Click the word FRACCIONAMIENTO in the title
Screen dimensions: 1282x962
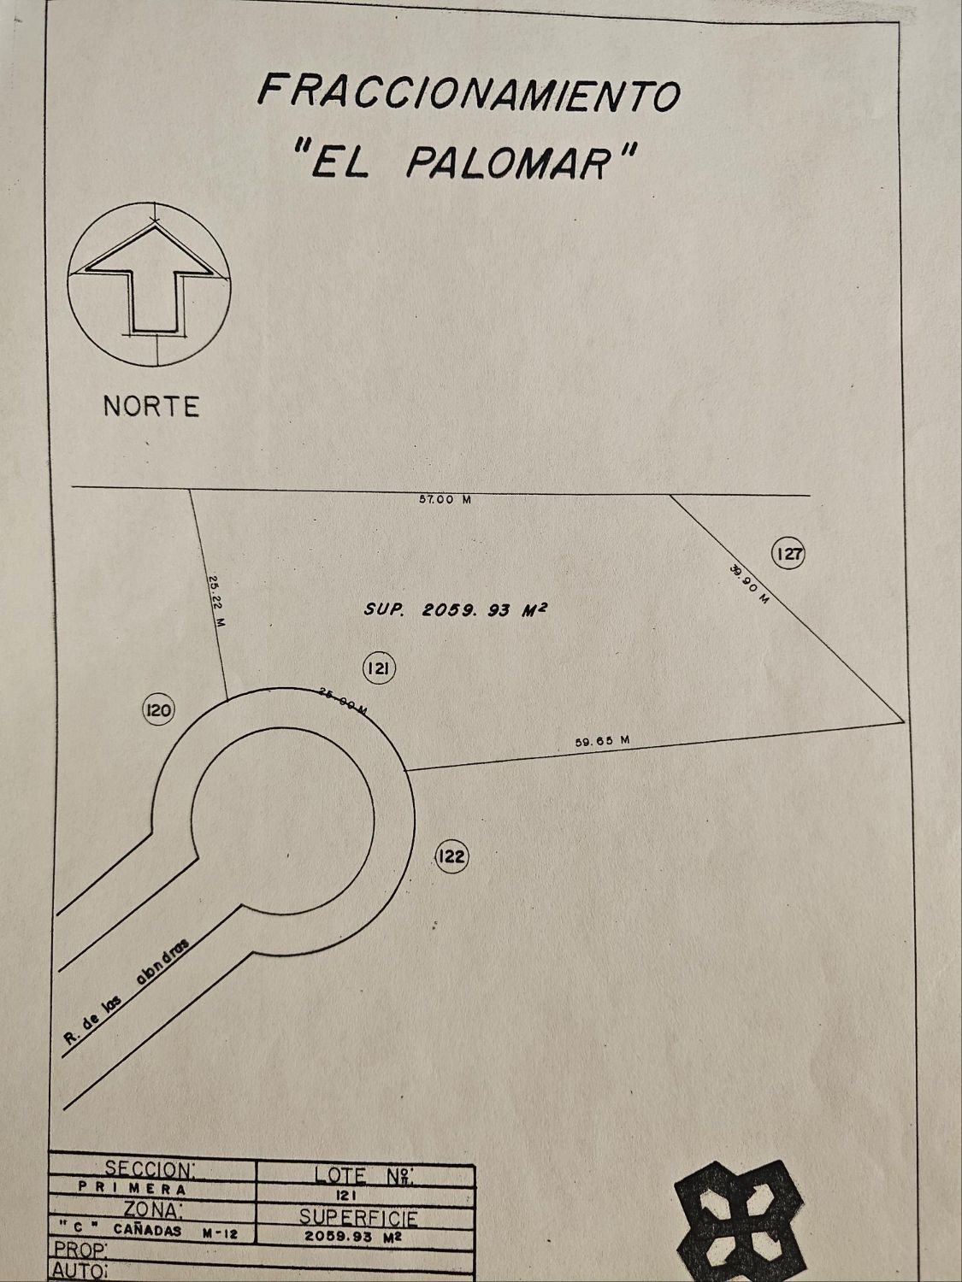point(469,91)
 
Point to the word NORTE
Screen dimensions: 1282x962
point(151,406)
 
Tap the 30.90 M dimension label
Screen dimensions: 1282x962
point(750,584)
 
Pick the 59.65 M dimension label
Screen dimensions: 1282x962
point(602,741)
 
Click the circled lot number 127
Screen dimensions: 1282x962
point(788,554)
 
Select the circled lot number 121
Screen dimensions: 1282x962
point(378,668)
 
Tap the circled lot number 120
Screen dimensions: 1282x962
point(159,709)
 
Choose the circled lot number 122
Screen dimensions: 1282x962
point(451,856)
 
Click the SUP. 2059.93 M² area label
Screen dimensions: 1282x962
point(456,609)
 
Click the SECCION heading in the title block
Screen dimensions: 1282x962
point(150,1168)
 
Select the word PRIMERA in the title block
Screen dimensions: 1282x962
point(133,1187)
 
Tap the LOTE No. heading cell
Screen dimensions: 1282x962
point(364,1174)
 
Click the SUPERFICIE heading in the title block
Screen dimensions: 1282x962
point(358,1217)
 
